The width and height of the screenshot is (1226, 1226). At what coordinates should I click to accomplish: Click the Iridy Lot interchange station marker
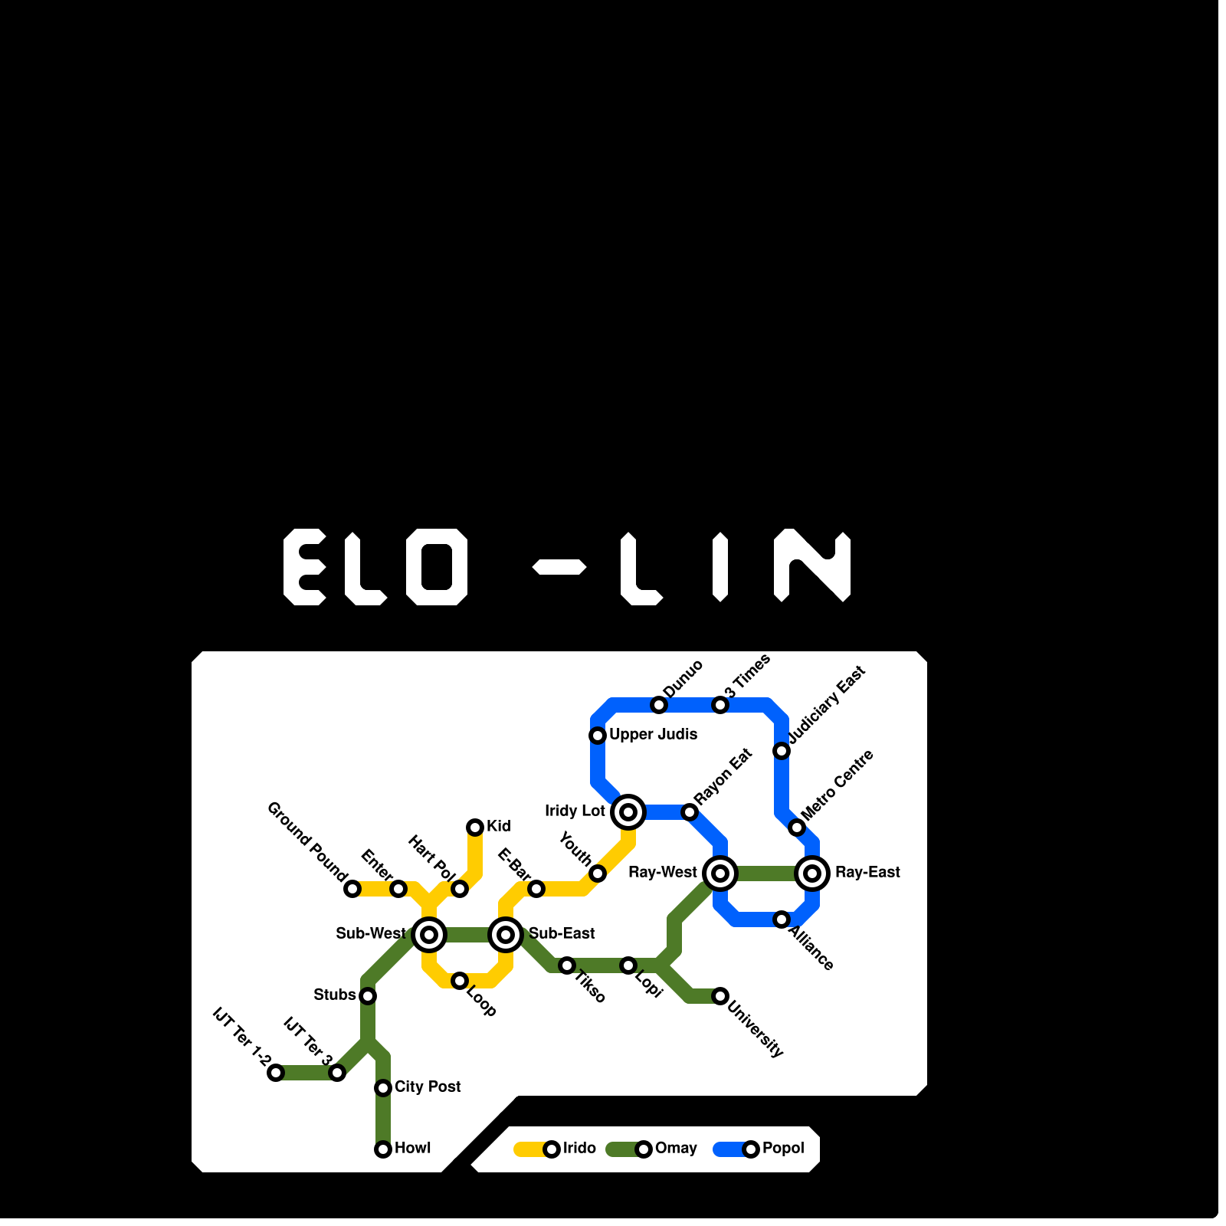click(628, 811)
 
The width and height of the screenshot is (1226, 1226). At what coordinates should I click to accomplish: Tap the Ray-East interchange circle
click(812, 873)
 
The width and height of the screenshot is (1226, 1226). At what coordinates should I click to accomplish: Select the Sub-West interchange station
click(429, 934)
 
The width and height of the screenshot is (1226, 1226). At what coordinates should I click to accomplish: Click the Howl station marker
click(383, 1149)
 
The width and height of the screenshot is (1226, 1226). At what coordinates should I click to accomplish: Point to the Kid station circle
click(475, 827)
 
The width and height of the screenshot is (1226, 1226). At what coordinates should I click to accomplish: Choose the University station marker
click(720, 995)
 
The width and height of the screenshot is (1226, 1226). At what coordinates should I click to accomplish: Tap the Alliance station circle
click(782, 919)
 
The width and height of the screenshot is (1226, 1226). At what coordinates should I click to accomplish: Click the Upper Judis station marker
click(598, 736)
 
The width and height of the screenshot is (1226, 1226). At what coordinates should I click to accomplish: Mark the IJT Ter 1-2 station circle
click(276, 1072)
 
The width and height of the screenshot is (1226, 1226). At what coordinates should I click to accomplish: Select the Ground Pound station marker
click(352, 888)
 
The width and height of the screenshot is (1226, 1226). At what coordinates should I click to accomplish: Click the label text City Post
click(428, 1087)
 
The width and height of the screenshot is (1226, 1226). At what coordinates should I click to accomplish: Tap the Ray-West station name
click(662, 872)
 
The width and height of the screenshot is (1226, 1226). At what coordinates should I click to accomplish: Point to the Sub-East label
click(562, 933)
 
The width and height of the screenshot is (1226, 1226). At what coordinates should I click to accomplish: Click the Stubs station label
click(335, 995)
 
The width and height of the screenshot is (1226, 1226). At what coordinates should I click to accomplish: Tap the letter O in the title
click(437, 567)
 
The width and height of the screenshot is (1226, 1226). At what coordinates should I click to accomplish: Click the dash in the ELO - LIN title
click(559, 568)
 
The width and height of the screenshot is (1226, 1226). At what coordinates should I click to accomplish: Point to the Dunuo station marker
click(659, 704)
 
